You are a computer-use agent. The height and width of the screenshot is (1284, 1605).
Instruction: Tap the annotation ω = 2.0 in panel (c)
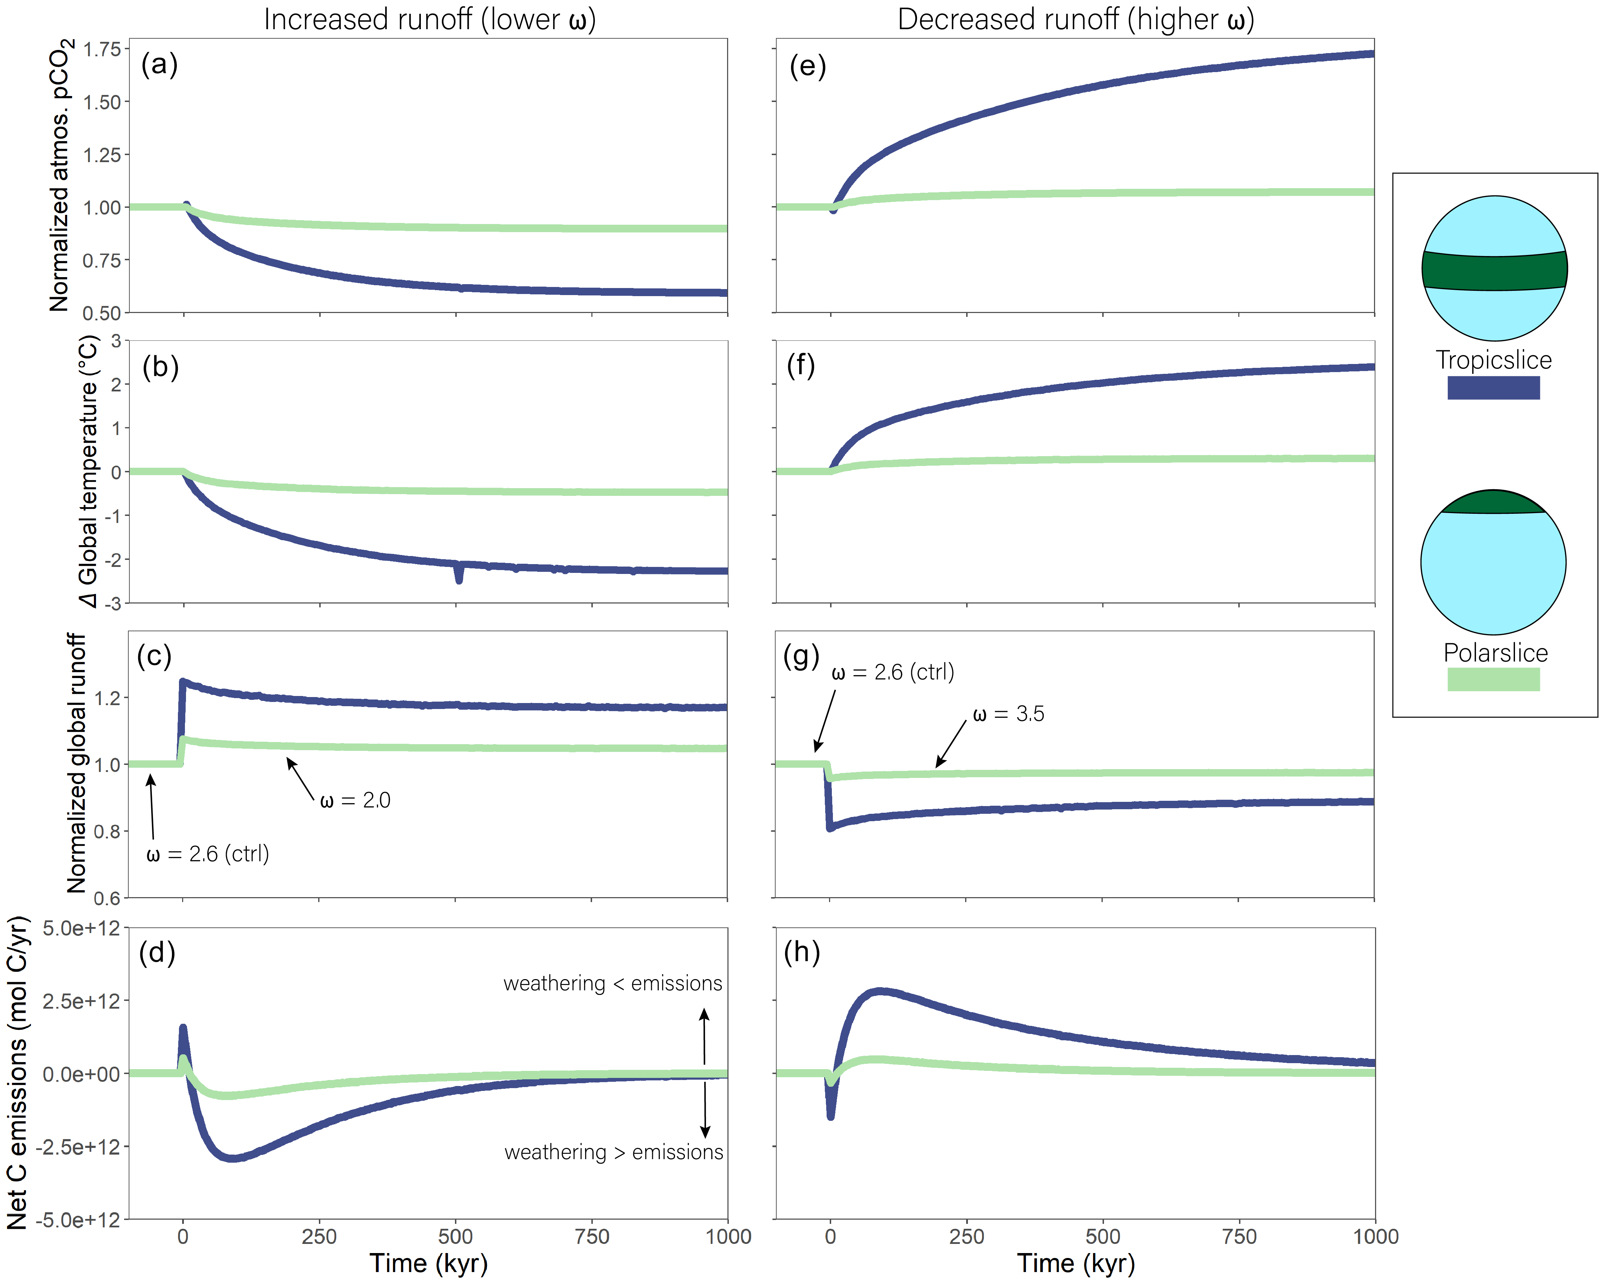coord(355,801)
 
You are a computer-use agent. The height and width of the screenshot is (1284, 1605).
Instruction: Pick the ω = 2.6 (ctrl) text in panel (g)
coord(893,672)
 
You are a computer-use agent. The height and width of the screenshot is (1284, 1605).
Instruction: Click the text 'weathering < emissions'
coord(613,984)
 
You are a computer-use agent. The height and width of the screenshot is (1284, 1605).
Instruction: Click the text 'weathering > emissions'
coord(614,1153)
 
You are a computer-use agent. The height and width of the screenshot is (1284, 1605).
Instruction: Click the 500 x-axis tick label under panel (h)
coord(1103,1237)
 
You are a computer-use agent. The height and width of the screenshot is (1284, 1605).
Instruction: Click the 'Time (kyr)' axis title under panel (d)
coord(429,1264)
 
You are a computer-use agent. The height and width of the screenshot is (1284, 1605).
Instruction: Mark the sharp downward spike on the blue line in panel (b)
coord(458,575)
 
